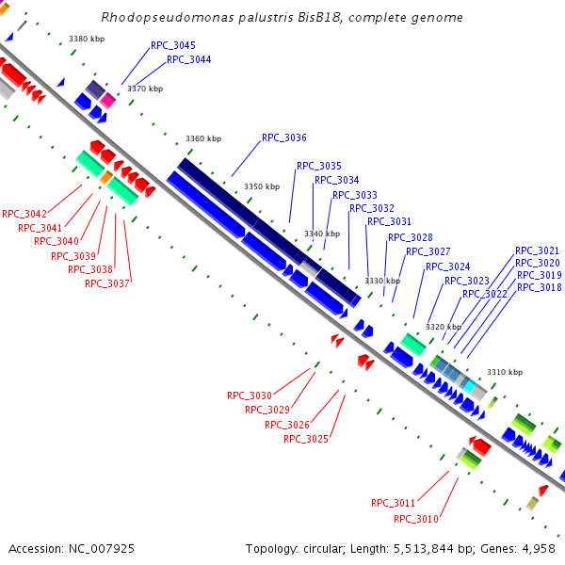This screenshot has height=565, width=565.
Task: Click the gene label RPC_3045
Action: (173, 45)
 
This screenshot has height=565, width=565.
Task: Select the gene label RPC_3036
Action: (284, 137)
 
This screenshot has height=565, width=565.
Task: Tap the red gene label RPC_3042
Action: (24, 214)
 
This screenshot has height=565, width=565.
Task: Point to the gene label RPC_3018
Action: (539, 287)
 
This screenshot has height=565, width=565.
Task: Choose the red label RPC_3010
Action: (416, 519)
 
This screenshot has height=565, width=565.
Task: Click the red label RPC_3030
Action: (250, 395)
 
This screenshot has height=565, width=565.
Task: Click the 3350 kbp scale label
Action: (262, 186)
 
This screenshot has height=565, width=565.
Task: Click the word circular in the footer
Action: (335, 548)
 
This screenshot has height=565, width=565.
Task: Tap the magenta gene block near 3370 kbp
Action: (108, 100)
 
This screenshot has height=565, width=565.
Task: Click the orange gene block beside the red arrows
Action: (106, 177)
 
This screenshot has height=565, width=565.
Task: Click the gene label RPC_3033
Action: (355, 195)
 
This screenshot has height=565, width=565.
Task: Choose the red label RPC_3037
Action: (107, 283)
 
